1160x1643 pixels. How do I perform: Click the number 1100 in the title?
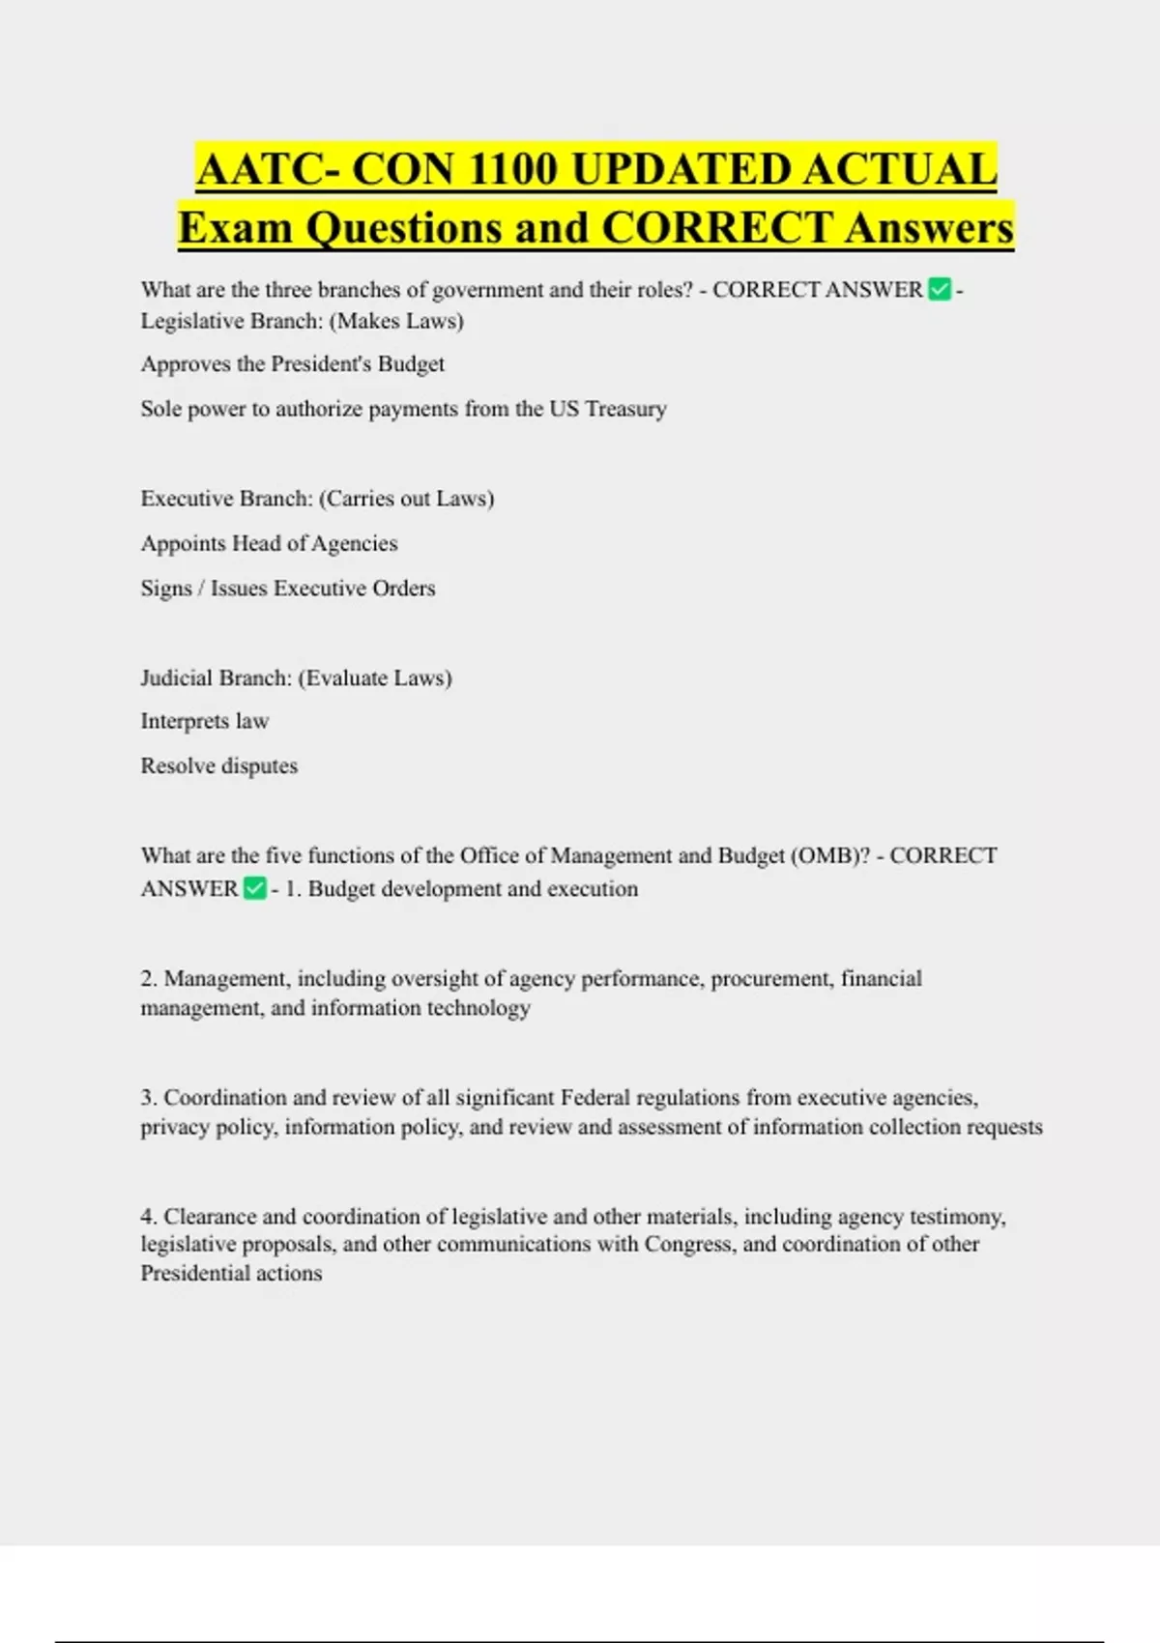pyautogui.click(x=509, y=170)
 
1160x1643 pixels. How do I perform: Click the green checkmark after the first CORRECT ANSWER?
pyautogui.click(x=939, y=289)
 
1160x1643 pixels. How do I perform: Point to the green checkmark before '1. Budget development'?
pyautogui.click(x=254, y=888)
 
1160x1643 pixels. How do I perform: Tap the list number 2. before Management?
pyautogui.click(x=149, y=978)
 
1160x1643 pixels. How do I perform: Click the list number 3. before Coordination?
pyautogui.click(x=149, y=1098)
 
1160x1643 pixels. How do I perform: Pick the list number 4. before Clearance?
pyautogui.click(x=149, y=1216)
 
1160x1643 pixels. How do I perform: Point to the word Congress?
pyautogui.click(x=688, y=1244)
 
